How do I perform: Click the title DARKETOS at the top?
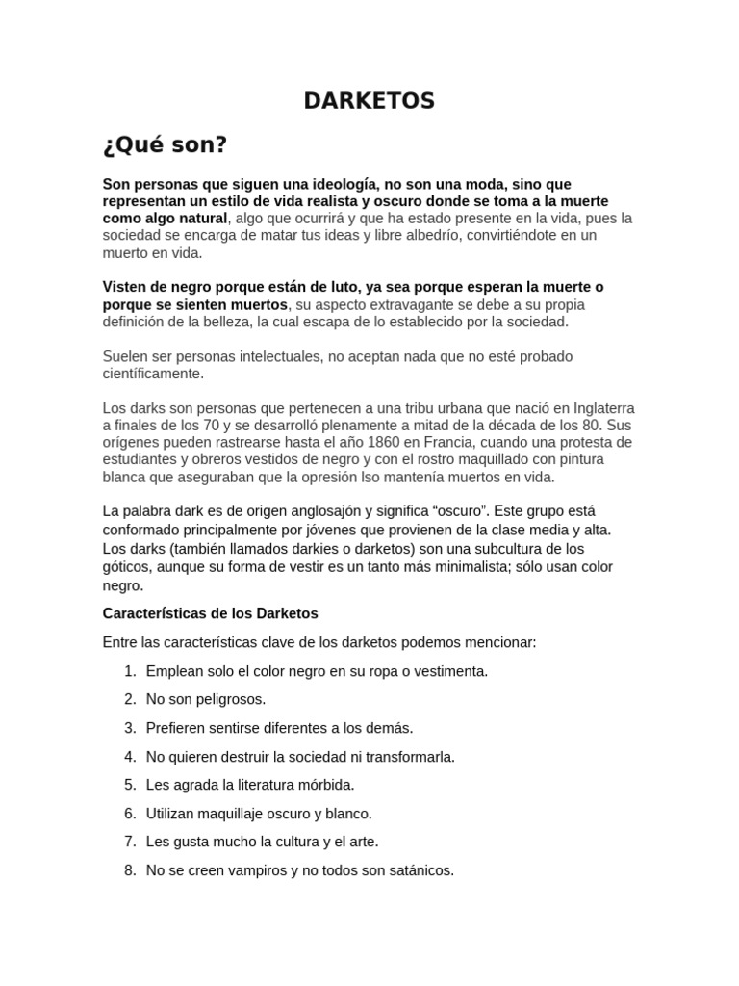369,100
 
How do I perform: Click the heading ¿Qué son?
165,145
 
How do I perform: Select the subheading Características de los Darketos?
210,612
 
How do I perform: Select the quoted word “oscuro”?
461,511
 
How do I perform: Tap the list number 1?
130,670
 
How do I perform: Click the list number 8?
130,870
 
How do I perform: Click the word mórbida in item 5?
322,785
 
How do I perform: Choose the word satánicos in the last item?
417,870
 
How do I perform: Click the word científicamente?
153,373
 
